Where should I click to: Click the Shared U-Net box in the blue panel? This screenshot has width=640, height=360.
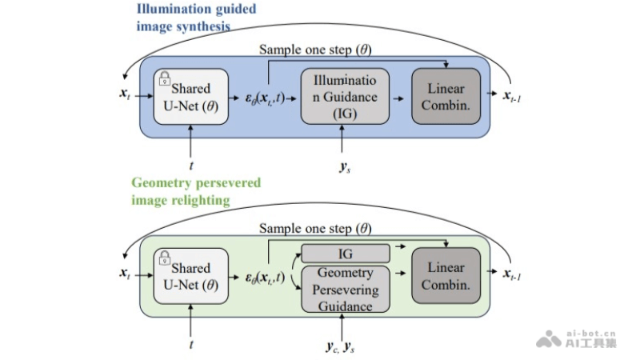click(190, 96)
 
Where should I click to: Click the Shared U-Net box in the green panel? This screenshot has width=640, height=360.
click(190, 276)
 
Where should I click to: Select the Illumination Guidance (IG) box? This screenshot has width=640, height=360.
click(345, 96)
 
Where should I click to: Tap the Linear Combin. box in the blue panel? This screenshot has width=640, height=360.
click(446, 96)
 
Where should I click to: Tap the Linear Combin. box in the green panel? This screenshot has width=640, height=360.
click(446, 276)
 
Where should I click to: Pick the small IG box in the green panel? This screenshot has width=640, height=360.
click(345, 254)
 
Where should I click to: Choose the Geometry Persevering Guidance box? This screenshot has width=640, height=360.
click(345, 289)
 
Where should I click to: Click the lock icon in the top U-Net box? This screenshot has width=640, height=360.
click(165, 78)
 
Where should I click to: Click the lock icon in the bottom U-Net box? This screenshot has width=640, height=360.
click(165, 258)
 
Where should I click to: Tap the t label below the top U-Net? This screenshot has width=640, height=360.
click(190, 166)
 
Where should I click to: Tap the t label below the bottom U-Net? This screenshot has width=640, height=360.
click(190, 345)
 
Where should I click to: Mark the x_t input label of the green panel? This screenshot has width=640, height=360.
click(126, 274)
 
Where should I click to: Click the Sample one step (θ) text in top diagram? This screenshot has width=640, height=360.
click(315, 49)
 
